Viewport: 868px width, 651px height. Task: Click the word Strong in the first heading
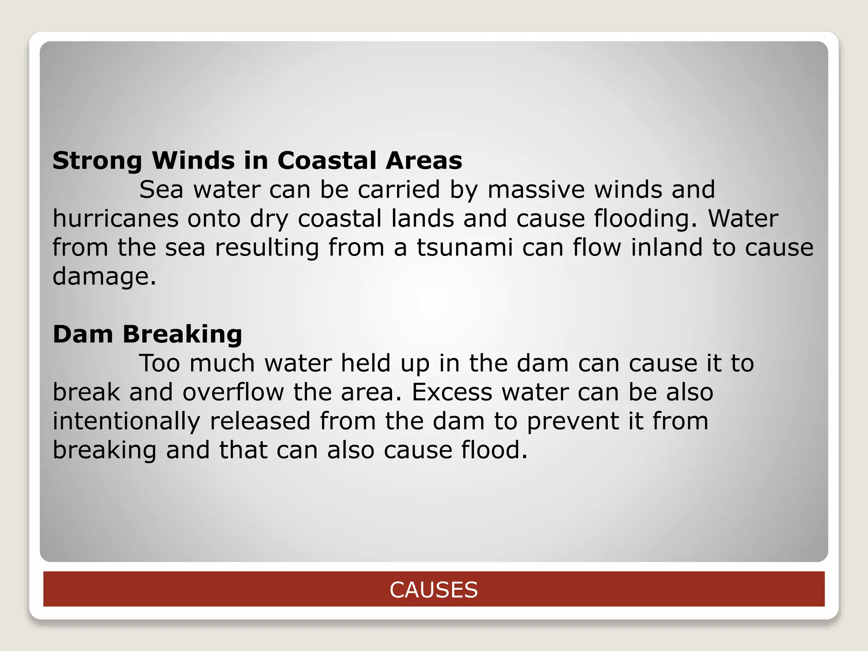[97, 161]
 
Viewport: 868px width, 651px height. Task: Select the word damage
[104, 276]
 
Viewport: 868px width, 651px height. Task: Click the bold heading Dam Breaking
[147, 334]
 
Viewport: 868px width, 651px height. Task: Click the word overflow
[233, 392]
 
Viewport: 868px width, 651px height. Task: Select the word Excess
[452, 392]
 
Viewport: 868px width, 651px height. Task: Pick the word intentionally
[126, 421]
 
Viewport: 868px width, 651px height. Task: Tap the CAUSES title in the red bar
[434, 590]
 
